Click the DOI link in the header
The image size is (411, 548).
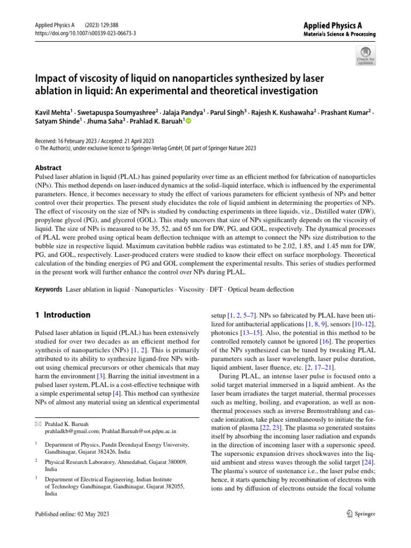pos(85,33)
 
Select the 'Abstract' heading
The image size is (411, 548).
pos(48,168)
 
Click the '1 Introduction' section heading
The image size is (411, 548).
pos(63,315)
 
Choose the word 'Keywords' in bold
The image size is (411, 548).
pos(49,290)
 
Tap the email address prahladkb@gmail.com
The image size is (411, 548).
pos(71,416)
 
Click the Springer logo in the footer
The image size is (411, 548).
pos(361,514)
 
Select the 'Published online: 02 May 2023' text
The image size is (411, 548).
pos(72,514)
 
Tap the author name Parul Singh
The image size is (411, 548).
pos(227,113)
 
